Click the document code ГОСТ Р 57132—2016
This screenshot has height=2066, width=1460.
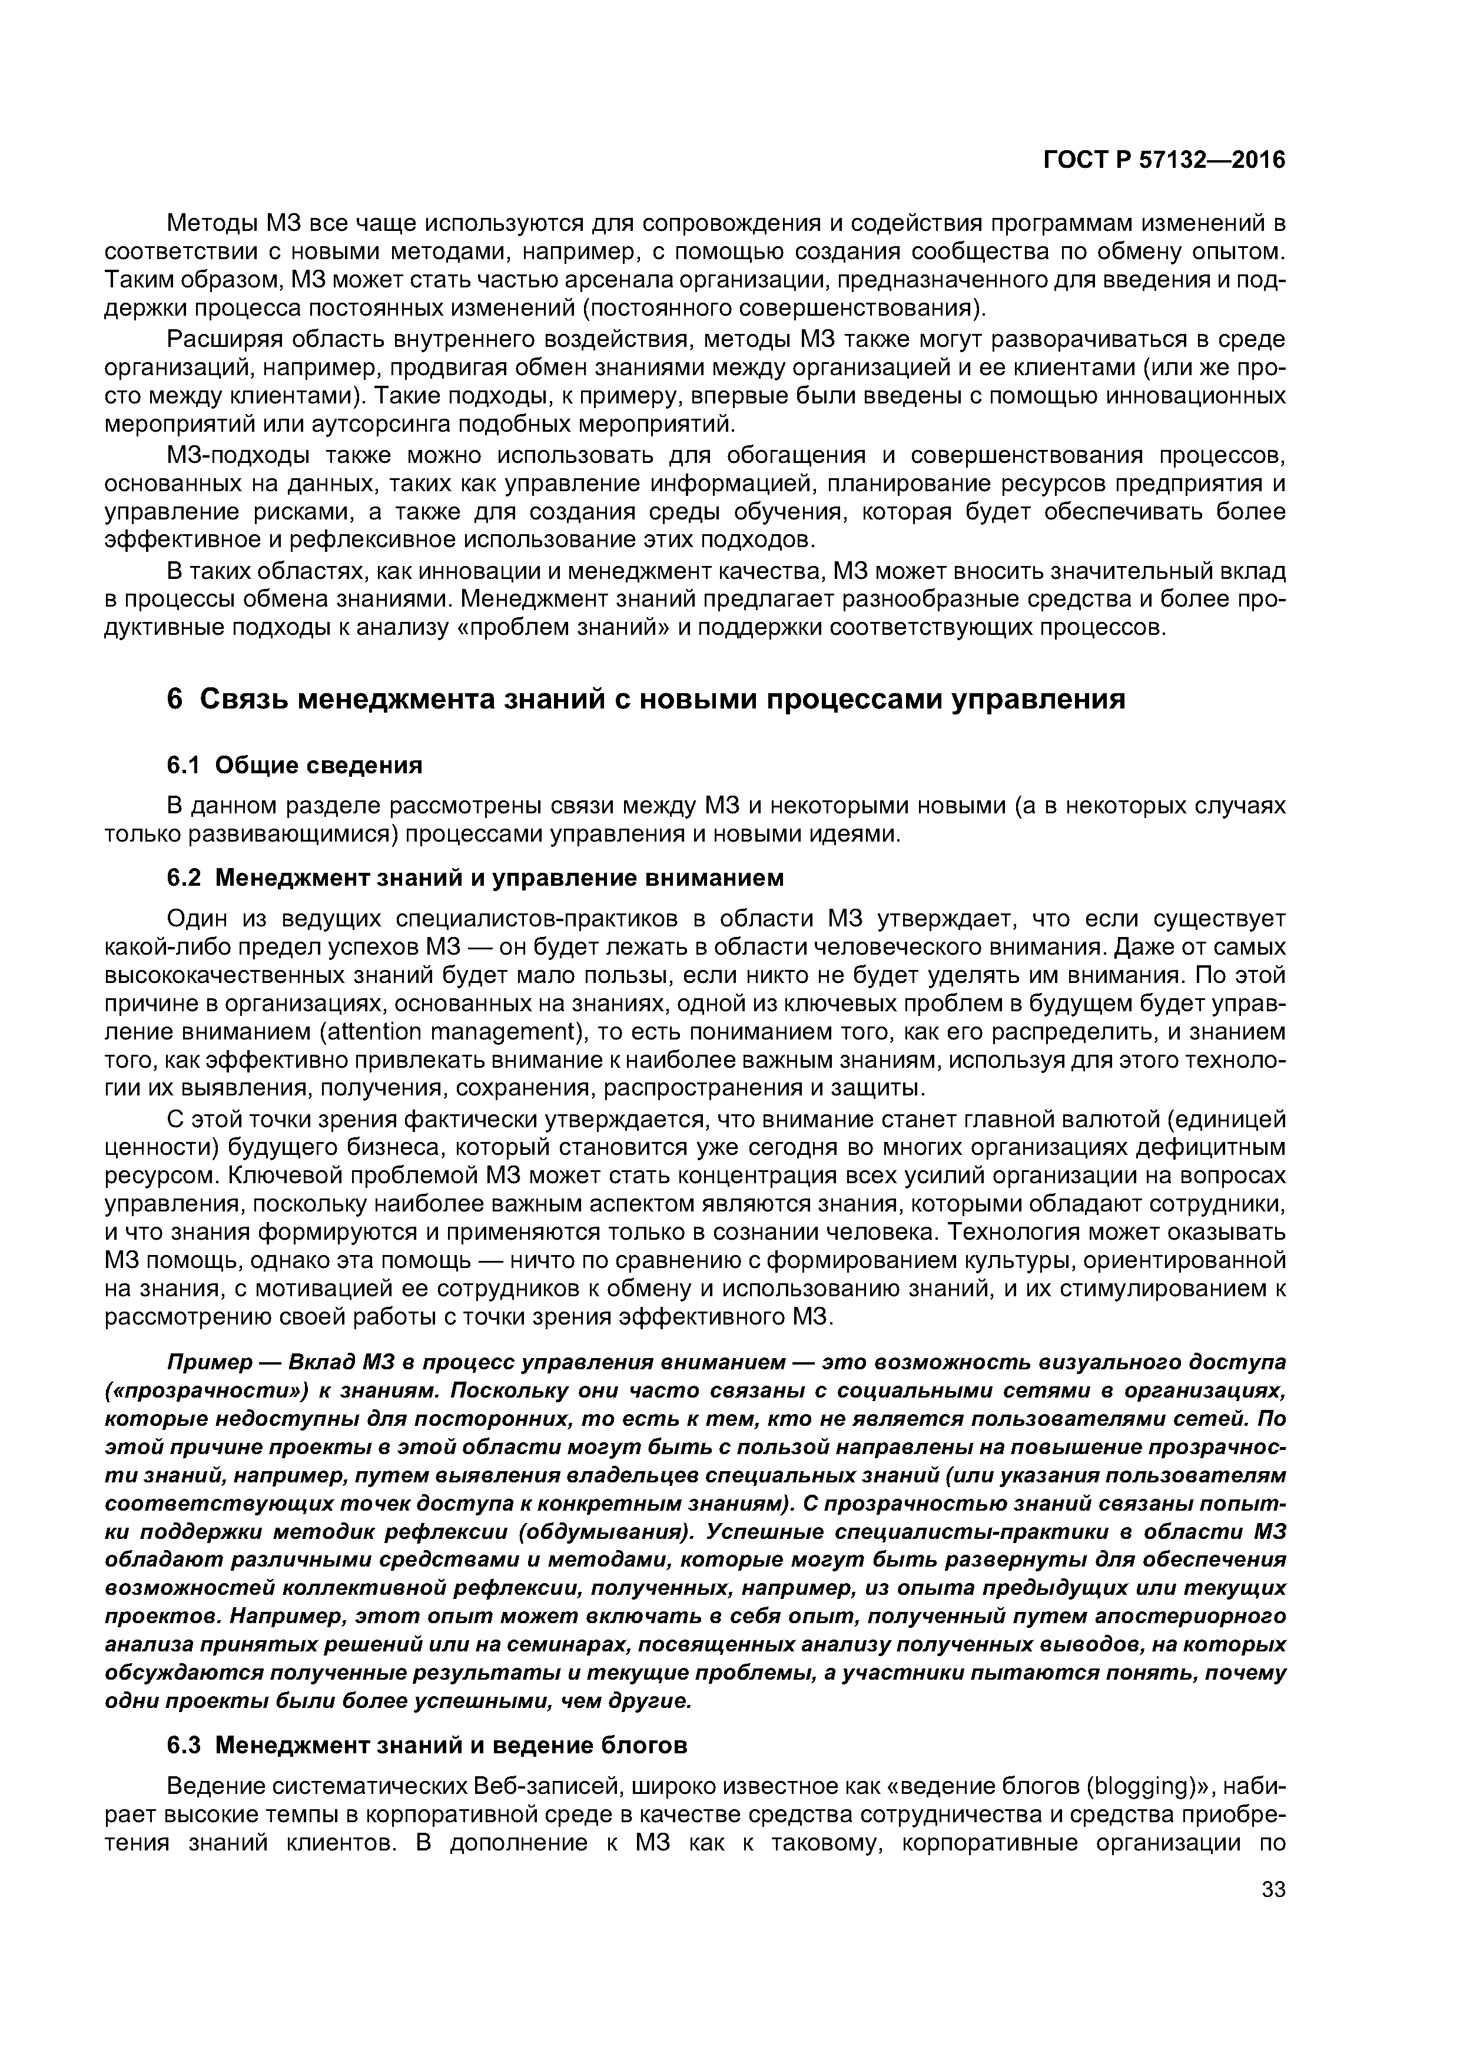point(1163,160)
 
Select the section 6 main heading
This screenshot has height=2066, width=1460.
point(646,699)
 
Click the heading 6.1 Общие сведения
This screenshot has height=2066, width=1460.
point(294,765)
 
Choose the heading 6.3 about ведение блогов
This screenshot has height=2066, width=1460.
point(427,1746)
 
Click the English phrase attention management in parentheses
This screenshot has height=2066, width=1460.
point(447,1031)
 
